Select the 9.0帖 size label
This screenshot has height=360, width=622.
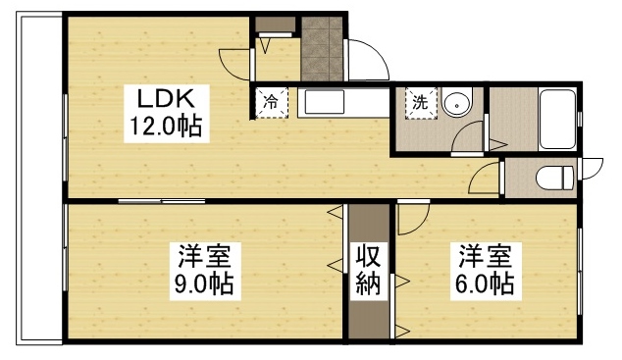[x=204, y=285]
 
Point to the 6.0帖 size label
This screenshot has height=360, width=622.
[x=483, y=284]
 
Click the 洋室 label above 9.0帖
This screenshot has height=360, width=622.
[x=204, y=258]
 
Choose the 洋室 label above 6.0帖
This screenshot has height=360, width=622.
[x=483, y=257]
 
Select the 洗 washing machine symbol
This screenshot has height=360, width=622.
[x=419, y=102]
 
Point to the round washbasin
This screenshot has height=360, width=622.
[x=456, y=104]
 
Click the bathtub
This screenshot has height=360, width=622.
[x=557, y=119]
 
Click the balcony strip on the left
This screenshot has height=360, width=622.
[x=35, y=181]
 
